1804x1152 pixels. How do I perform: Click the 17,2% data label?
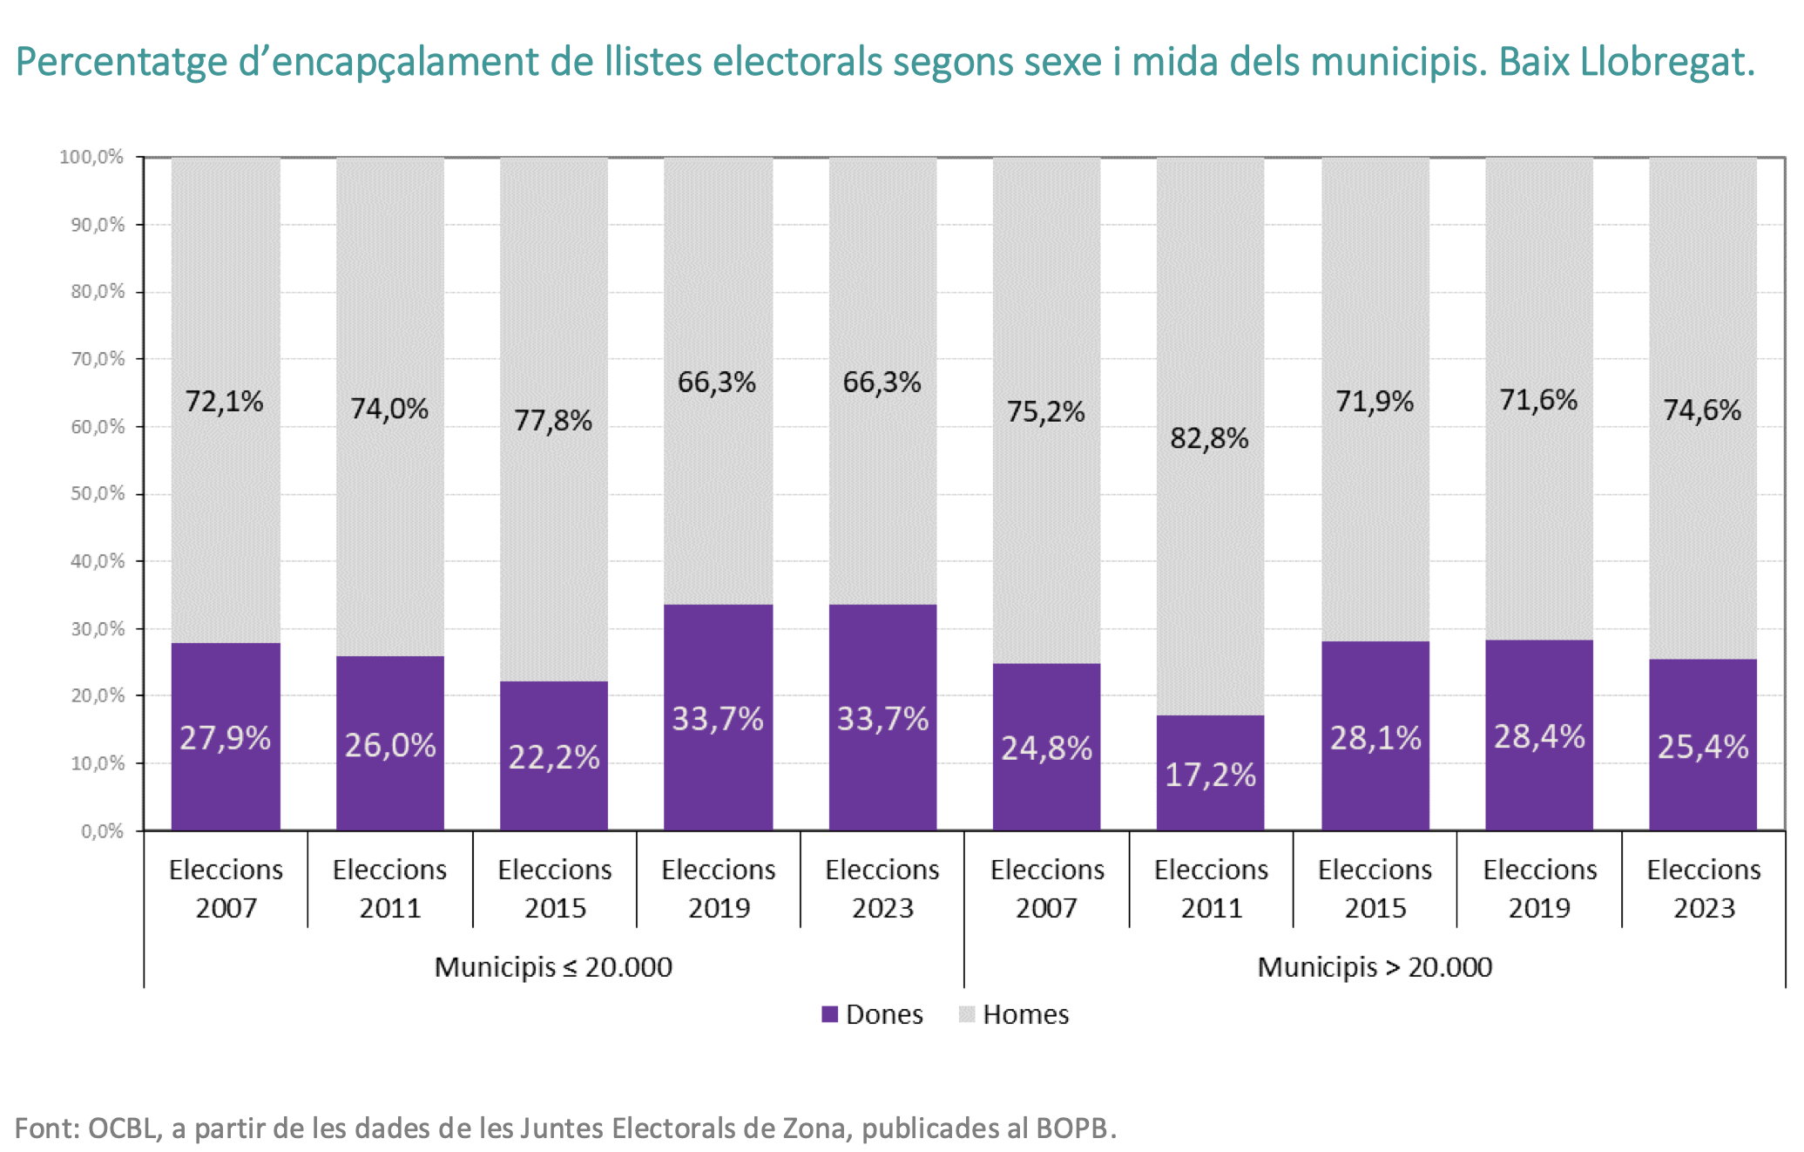click(1210, 775)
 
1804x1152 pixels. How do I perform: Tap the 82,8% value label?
click(1209, 437)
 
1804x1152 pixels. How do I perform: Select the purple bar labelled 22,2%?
click(554, 756)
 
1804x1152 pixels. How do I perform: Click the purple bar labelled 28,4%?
click(1539, 735)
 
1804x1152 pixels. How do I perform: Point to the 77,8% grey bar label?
click(553, 421)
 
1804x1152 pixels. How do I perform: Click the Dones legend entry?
click(872, 1014)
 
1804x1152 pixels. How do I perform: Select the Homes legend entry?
click(1014, 1014)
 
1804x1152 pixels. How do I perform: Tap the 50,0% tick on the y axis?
click(98, 493)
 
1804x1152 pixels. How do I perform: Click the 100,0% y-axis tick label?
click(92, 157)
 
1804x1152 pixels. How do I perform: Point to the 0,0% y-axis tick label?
click(103, 831)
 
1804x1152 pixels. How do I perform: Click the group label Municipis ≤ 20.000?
click(553, 967)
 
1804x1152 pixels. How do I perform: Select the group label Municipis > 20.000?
click(1375, 967)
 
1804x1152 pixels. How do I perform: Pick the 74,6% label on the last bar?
click(1702, 410)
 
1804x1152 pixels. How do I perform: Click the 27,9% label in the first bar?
click(226, 738)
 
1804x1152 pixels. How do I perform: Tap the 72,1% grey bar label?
click(225, 401)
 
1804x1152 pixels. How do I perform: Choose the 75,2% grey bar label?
click(1045, 411)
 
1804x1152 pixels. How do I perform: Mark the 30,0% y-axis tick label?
click(98, 628)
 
